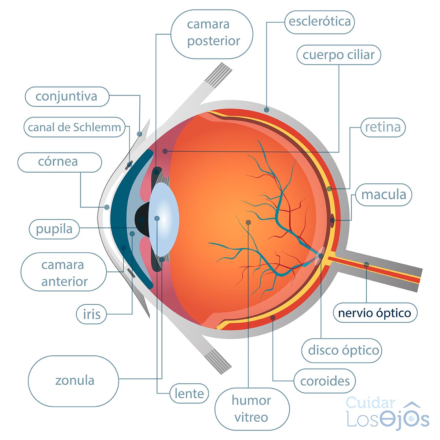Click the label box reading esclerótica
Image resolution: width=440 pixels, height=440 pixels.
point(319,22)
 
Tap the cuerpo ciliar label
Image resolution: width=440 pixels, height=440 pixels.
point(339,55)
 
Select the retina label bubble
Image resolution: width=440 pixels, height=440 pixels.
point(383,127)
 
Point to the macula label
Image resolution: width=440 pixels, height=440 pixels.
point(384,195)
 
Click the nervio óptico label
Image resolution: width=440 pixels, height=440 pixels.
point(375,313)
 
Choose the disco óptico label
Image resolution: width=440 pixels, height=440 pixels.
point(342,351)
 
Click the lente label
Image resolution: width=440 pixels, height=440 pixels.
point(189,393)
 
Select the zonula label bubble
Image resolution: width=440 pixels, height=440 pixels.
point(74,381)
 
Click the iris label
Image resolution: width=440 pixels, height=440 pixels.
point(91,314)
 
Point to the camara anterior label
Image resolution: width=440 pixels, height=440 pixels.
point(64,272)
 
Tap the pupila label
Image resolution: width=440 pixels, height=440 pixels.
point(54,229)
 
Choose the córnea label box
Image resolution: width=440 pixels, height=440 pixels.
point(60,162)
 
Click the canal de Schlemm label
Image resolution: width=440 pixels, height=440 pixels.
point(74,127)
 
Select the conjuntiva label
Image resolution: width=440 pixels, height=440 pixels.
point(67,96)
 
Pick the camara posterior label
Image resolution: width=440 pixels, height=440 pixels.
point(212,34)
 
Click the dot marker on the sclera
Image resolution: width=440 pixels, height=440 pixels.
point(267,110)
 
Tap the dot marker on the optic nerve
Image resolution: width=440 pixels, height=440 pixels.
point(366,264)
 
